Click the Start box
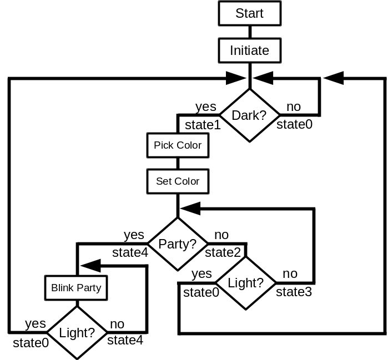249,13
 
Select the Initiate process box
249,50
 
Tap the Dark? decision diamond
249,115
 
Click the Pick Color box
178,145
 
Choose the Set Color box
178,181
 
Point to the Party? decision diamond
177,244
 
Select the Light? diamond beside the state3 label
245,283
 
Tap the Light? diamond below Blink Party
77,333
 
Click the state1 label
203,125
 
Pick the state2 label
223,253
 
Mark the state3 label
294,292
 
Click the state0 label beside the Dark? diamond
294,124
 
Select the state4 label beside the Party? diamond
130,253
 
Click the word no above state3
290,273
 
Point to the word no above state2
221,235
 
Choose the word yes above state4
134,235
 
